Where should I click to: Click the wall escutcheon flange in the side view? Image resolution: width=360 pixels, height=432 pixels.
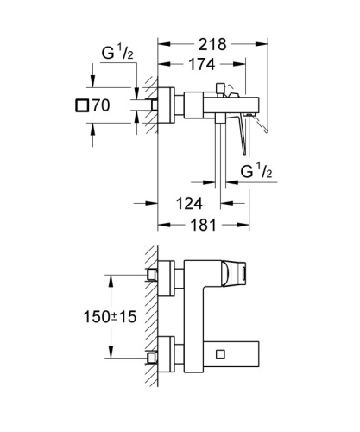tap(173, 107)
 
